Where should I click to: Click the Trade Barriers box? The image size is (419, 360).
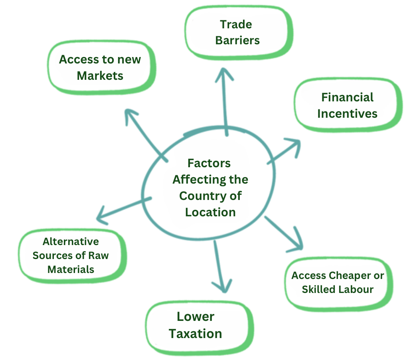238,32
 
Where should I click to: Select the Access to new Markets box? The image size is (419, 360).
100,67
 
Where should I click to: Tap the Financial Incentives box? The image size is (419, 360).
347,105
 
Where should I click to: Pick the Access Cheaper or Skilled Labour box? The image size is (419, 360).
338,283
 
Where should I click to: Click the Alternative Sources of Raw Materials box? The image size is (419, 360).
71,255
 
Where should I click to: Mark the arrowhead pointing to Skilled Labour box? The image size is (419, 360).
296,243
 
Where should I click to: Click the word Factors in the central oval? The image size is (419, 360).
209,163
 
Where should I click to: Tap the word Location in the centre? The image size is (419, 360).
210,212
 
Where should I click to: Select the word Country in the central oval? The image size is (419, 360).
200,196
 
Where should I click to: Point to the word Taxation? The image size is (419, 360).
196,333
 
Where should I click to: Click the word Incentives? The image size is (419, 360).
347,113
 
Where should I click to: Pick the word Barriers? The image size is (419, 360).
237,40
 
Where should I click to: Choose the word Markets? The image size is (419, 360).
100,75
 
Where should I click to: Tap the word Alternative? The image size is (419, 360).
71,241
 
